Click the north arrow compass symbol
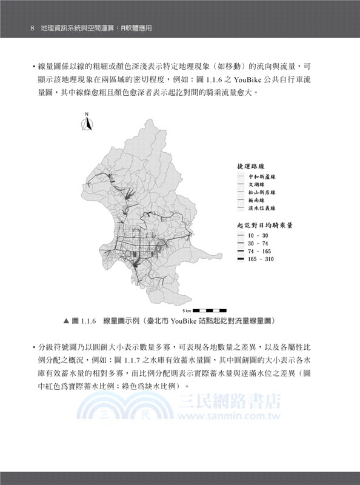pos(87,124)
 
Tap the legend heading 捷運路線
pos(253,166)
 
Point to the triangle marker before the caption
pos(66,320)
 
